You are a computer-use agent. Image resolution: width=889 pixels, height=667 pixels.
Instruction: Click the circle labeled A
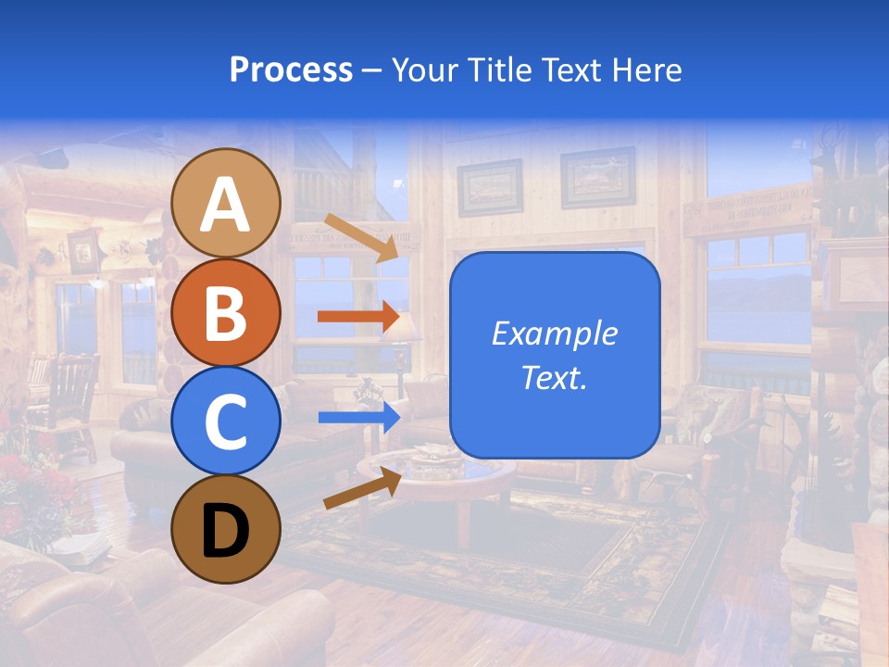coord(225,203)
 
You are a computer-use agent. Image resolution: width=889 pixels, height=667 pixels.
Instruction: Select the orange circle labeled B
coord(225,312)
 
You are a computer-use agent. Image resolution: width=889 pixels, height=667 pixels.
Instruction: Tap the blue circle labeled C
coord(225,421)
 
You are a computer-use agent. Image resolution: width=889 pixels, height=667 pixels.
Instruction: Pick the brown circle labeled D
coord(225,529)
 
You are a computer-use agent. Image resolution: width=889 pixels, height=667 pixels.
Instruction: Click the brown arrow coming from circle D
coord(361,488)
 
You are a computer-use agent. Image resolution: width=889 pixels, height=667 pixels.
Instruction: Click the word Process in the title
coord(291,69)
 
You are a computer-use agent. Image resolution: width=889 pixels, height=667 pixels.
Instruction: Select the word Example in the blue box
coord(554,333)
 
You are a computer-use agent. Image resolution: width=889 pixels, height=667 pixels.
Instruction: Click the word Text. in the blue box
coord(554,377)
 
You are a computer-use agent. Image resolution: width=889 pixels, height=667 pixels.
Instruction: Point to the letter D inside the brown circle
coord(225,531)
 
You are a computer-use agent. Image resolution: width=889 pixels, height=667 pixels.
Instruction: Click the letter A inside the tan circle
coord(225,205)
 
